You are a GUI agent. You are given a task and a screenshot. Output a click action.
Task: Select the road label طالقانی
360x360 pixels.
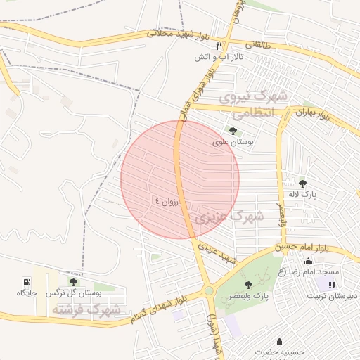257,44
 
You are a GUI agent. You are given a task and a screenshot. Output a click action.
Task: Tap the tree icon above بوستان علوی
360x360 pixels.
233,130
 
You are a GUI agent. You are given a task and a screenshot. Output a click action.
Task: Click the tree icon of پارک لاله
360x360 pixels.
302,184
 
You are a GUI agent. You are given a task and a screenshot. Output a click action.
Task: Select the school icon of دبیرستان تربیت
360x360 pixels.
331,284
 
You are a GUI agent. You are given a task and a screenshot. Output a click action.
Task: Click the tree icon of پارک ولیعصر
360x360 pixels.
247,285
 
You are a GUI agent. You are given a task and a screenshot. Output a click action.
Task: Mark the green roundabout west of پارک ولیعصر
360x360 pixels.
208,290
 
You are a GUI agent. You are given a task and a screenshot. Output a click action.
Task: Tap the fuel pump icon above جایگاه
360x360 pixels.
27,281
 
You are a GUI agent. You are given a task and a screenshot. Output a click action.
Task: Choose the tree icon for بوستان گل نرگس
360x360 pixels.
73,281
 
